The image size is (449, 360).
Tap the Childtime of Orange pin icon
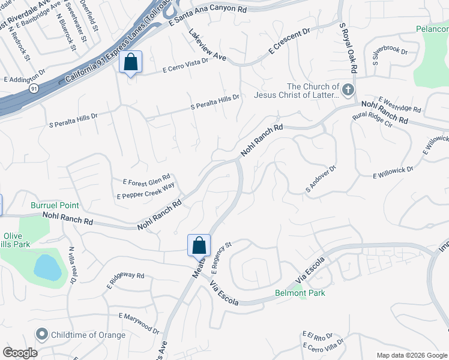41,334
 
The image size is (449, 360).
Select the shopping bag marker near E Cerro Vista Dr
130,62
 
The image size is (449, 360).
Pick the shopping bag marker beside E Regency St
199,245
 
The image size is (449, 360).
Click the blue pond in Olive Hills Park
47,266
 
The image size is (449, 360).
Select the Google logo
20,353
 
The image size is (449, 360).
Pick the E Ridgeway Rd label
125,278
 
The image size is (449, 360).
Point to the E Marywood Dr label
139,323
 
